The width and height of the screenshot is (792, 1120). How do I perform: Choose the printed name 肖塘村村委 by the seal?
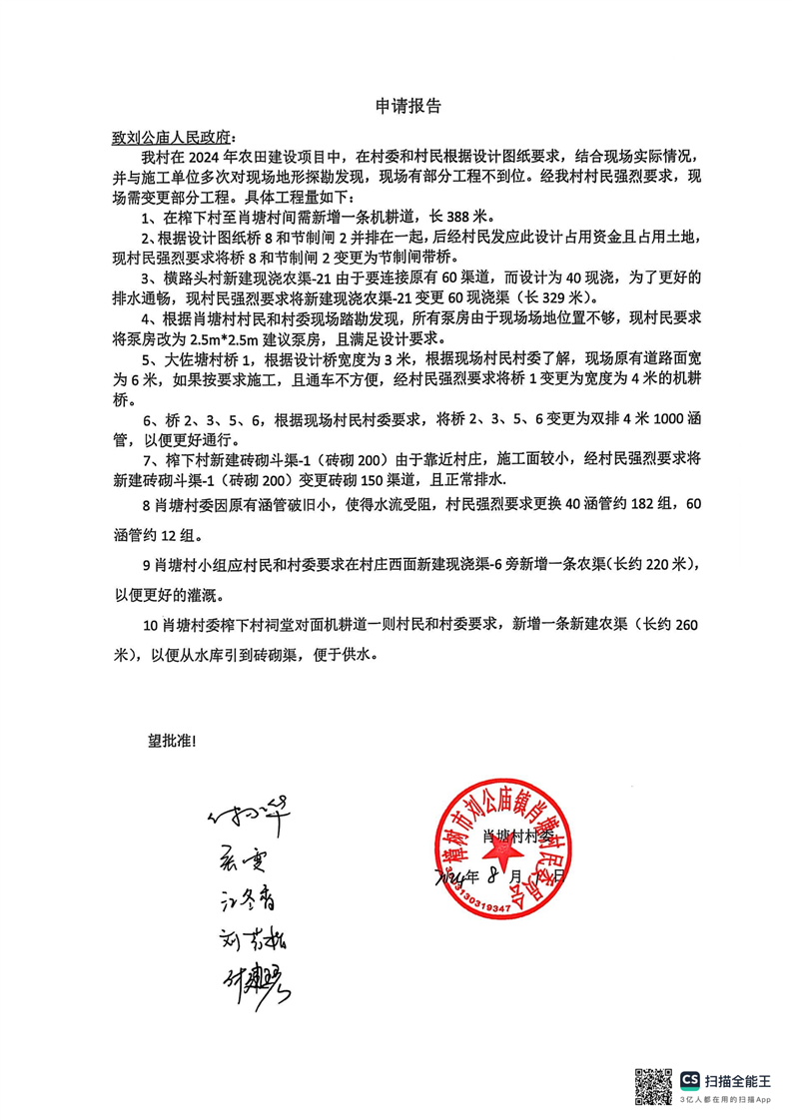[518, 835]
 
